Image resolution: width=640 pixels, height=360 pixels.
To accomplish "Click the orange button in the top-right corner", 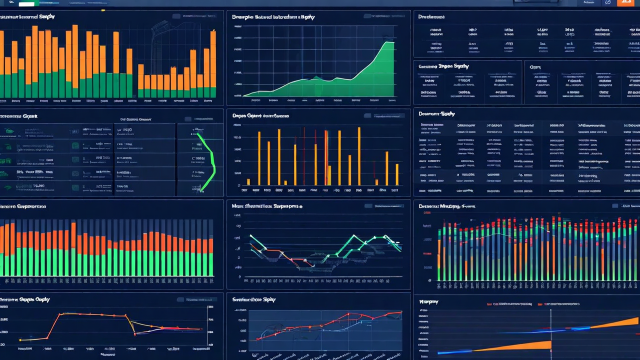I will (x=623, y=2).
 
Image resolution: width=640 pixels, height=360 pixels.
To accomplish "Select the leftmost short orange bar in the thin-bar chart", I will (x=248, y=181).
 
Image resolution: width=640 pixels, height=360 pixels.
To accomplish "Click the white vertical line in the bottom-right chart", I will (x=550, y=332).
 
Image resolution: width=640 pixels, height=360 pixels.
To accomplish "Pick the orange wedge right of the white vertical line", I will (x=615, y=323).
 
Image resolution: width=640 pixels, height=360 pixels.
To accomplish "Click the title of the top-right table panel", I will (x=431, y=16).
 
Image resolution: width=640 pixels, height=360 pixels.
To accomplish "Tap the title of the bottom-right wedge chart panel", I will (x=428, y=301).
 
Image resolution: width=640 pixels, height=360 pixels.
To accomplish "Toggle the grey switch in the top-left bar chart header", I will (x=176, y=16).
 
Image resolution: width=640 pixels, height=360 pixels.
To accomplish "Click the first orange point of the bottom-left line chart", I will (x=20, y=340).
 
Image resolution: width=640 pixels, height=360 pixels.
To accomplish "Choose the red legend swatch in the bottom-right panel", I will (x=547, y=303).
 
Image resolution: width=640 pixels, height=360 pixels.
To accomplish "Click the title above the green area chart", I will (x=273, y=17).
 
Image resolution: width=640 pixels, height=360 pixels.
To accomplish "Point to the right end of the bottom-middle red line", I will (x=400, y=313).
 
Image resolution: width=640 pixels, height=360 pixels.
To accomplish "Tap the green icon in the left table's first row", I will (x=8, y=131).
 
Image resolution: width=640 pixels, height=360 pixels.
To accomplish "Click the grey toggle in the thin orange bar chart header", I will (x=367, y=116).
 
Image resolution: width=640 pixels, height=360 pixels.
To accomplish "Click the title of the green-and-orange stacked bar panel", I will (x=23, y=206).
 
